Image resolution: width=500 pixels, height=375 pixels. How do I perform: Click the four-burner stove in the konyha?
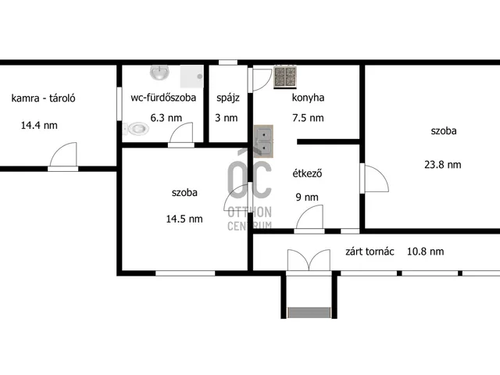point(285,77)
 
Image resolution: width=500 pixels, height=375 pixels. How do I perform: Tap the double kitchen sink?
point(263,141)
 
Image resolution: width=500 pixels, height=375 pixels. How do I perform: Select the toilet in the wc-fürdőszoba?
point(136,129)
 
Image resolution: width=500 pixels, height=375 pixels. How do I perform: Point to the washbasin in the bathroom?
point(159,73)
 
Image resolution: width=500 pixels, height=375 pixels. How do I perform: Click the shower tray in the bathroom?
point(191,77)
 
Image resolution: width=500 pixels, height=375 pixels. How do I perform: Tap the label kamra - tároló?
point(44,98)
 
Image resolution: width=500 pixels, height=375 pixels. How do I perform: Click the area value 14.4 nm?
point(39,125)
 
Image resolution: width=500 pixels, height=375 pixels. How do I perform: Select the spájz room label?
point(228,98)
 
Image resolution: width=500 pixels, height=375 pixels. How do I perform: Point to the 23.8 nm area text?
point(443,165)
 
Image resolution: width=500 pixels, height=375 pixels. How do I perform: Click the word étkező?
point(307,173)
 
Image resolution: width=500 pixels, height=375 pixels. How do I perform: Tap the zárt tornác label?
point(370,252)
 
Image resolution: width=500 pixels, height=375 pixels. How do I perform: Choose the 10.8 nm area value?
point(425,252)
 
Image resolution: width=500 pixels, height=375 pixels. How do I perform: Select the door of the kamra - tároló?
point(63,156)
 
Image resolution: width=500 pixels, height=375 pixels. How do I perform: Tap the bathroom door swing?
point(181,134)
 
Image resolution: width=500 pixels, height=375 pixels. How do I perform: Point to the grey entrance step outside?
point(309,312)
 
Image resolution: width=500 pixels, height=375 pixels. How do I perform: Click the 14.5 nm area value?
point(184,219)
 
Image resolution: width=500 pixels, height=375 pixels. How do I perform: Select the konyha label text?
point(308,98)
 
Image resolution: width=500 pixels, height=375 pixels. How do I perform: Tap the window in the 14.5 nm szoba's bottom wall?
point(185,273)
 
